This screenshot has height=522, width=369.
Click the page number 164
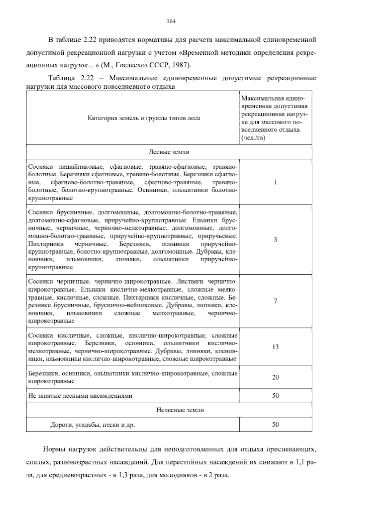click(171, 21)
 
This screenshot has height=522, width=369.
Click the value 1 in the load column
click(276, 182)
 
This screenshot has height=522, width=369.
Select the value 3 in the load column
click(276, 240)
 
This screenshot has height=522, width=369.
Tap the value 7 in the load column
click(276, 301)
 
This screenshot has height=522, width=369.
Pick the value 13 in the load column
click(276, 347)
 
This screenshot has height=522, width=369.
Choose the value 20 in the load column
click(276, 377)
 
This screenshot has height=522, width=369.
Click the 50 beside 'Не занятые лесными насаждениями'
click(276, 396)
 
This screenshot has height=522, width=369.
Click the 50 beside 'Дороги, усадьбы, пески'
click(276, 425)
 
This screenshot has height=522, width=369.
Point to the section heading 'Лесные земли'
click(169, 152)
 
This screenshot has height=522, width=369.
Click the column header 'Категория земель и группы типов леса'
click(144, 118)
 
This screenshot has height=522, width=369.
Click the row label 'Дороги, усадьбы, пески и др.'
click(93, 425)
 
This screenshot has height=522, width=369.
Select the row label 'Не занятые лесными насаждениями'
click(80, 396)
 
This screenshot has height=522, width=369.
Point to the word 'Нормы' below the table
click(54, 449)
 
